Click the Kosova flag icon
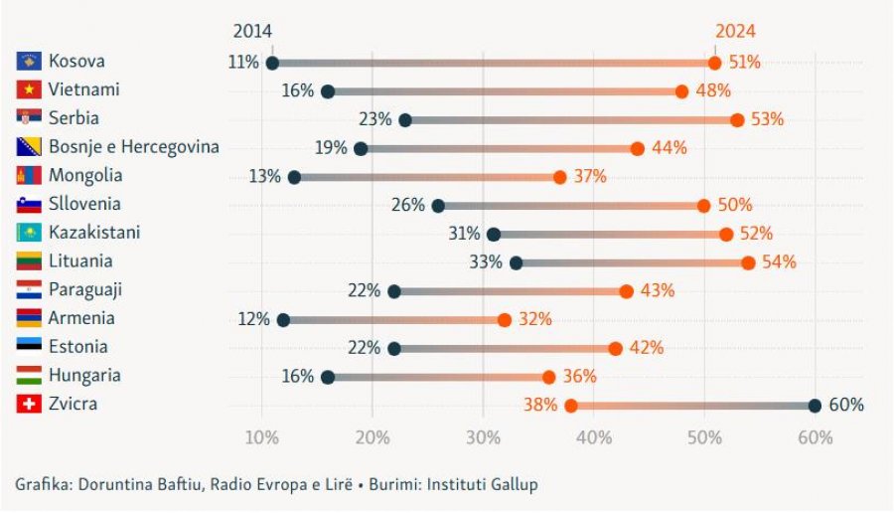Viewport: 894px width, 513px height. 28,62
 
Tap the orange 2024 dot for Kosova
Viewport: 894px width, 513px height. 714,63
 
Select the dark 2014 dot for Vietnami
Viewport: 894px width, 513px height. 328,91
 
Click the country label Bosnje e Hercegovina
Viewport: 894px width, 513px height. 133,147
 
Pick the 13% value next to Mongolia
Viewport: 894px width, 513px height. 265,177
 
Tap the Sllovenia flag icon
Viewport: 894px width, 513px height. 28,205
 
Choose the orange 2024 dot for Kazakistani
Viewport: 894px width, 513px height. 726,235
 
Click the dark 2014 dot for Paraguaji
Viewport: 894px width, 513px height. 394,291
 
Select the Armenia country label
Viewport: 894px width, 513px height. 81,318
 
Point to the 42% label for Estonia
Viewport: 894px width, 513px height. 647,348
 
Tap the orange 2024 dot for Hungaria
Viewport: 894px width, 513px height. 548,377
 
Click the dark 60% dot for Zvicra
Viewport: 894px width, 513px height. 815,406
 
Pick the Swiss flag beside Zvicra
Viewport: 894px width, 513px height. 28,405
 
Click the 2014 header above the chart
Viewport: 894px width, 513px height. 252,32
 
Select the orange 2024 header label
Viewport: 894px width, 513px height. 735,32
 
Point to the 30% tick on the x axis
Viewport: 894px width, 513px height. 483,438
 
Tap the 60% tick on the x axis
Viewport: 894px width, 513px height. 815,438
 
